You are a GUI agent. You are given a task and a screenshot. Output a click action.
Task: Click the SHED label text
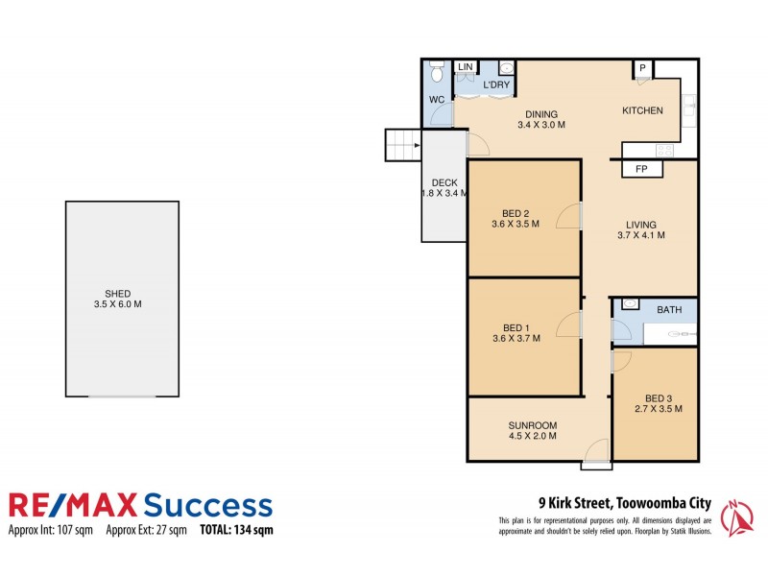(121, 294)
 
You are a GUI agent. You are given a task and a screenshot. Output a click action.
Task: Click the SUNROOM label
(533, 425)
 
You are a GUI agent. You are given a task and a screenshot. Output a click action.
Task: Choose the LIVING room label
(641, 224)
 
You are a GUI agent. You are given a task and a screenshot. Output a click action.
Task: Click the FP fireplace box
(642, 169)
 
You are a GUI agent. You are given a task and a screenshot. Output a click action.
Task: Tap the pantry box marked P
(643, 69)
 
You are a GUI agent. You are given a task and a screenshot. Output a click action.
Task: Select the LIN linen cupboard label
(466, 67)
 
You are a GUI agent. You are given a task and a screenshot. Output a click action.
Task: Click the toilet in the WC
(437, 74)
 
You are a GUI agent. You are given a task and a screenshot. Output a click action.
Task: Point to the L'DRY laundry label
(496, 85)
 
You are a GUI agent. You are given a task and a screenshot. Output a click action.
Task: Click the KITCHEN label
(642, 111)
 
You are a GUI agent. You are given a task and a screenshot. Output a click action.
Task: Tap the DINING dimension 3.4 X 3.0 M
(541, 126)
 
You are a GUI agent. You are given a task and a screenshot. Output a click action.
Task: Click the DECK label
(444, 182)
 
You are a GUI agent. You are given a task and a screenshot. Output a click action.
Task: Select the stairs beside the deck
(403, 147)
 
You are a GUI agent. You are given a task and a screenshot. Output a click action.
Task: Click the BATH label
(669, 310)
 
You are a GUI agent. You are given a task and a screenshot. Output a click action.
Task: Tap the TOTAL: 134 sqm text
(236, 530)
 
